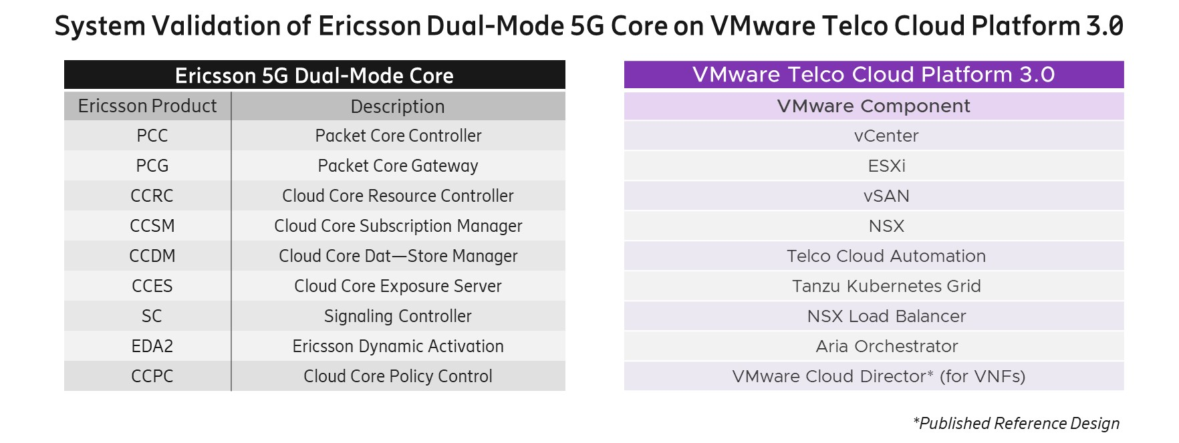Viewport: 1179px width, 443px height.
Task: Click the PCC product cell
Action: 152,136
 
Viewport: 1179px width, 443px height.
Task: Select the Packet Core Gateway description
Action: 398,166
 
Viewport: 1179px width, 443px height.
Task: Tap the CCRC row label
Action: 152,196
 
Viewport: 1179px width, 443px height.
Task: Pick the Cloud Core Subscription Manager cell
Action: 398,226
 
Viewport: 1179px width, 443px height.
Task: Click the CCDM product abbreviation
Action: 152,256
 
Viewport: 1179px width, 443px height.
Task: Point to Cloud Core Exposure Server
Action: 398,286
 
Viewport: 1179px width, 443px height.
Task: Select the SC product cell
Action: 152,316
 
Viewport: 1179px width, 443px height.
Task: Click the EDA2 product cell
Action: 152,346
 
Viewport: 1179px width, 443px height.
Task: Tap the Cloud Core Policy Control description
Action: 398,376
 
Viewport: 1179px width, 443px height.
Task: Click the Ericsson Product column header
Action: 147,106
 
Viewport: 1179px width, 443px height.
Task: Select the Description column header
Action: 398,106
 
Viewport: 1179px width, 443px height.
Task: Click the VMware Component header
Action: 874,106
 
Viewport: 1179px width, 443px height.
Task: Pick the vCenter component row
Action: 886,136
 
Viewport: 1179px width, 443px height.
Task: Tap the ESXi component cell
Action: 886,166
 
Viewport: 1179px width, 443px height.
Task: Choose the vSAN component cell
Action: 886,196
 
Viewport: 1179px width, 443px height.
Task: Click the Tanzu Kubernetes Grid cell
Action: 886,286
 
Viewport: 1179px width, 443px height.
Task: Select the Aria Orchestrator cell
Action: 886,346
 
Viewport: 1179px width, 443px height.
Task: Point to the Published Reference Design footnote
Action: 1016,424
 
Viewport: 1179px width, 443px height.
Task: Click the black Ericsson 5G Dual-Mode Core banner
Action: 314,76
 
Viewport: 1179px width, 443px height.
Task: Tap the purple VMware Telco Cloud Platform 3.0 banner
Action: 874,75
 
